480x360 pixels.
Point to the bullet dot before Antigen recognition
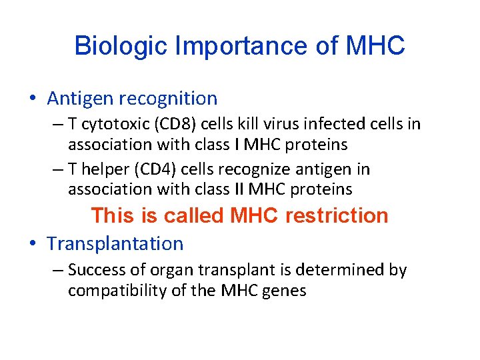point(33,99)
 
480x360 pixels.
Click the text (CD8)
point(165,124)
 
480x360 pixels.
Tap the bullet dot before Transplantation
point(33,244)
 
